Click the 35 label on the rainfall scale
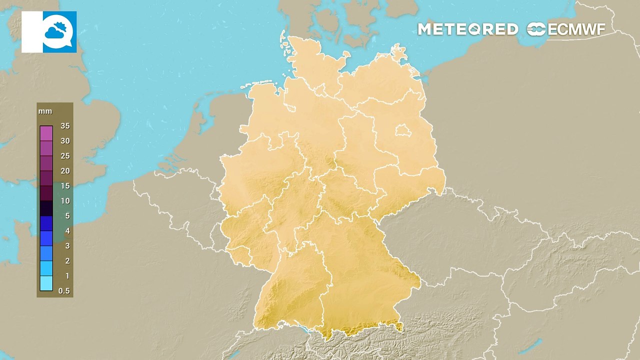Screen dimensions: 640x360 65,126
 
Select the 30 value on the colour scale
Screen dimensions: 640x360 65,141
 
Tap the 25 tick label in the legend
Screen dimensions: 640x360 65,156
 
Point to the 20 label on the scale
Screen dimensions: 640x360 65,171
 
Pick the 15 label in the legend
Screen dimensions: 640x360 65,186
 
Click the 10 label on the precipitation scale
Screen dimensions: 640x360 65,201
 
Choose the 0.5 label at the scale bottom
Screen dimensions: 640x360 64,291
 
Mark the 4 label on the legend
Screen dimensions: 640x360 67,231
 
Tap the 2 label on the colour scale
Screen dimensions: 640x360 67,261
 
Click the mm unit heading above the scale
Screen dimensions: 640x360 45,111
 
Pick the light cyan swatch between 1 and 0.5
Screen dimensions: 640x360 46,283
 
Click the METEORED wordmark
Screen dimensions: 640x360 468,29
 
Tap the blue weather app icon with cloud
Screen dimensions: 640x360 59,32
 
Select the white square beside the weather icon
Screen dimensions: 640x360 31,32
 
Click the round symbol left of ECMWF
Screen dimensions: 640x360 536,29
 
